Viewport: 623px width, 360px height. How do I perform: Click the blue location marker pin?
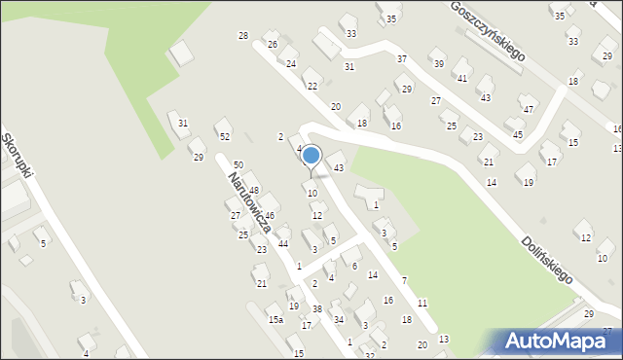coord(311,156)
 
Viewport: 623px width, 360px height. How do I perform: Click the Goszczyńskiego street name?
coord(487,29)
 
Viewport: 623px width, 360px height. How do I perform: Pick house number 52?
coord(224,136)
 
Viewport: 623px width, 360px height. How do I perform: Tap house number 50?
coord(238,166)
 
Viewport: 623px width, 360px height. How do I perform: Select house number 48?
coord(253,190)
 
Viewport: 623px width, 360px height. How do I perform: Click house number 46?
coord(270,215)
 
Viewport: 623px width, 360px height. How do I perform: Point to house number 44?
coord(283,243)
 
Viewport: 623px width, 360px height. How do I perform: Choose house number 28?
coord(243,36)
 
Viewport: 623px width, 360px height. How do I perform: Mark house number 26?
coord(273,45)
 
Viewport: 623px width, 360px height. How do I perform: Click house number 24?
coord(291,64)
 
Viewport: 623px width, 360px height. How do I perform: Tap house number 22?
coord(311,87)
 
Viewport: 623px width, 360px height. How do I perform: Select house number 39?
coord(438,64)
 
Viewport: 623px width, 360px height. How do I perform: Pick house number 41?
coord(462,78)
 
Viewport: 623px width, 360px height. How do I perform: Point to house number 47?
coord(529,109)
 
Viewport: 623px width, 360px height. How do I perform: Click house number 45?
coord(518,134)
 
